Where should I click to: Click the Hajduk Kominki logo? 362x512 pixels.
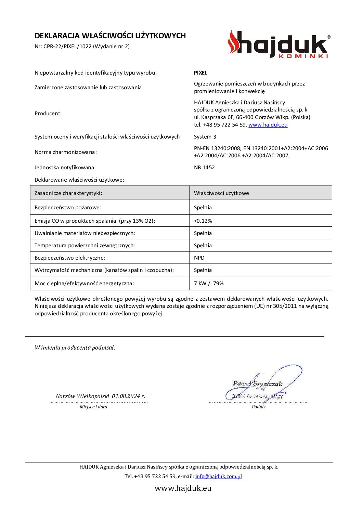[279, 44]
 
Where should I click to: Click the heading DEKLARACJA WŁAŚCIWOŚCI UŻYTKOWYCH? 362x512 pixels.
[110, 36]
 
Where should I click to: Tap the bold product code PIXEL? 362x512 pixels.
[201, 73]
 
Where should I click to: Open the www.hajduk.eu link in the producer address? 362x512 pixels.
[268, 125]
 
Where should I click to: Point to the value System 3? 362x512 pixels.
[205, 137]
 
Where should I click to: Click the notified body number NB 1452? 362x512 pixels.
[204, 168]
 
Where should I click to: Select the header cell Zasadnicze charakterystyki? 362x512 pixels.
[68, 193]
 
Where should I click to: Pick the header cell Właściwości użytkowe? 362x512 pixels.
[221, 193]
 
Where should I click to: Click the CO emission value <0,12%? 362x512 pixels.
[203, 221]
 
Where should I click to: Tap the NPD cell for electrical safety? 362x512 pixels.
[199, 258]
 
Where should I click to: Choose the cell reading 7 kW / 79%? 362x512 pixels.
[209, 284]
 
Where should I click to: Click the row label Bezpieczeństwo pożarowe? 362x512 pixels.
[68, 208]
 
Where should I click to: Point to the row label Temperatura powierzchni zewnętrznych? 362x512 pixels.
[85, 246]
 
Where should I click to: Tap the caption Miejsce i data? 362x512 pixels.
[93, 407]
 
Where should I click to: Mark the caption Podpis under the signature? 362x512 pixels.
[258, 407]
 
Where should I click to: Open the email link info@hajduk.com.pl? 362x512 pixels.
[218, 476]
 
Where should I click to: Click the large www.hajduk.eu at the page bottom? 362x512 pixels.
[183, 488]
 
